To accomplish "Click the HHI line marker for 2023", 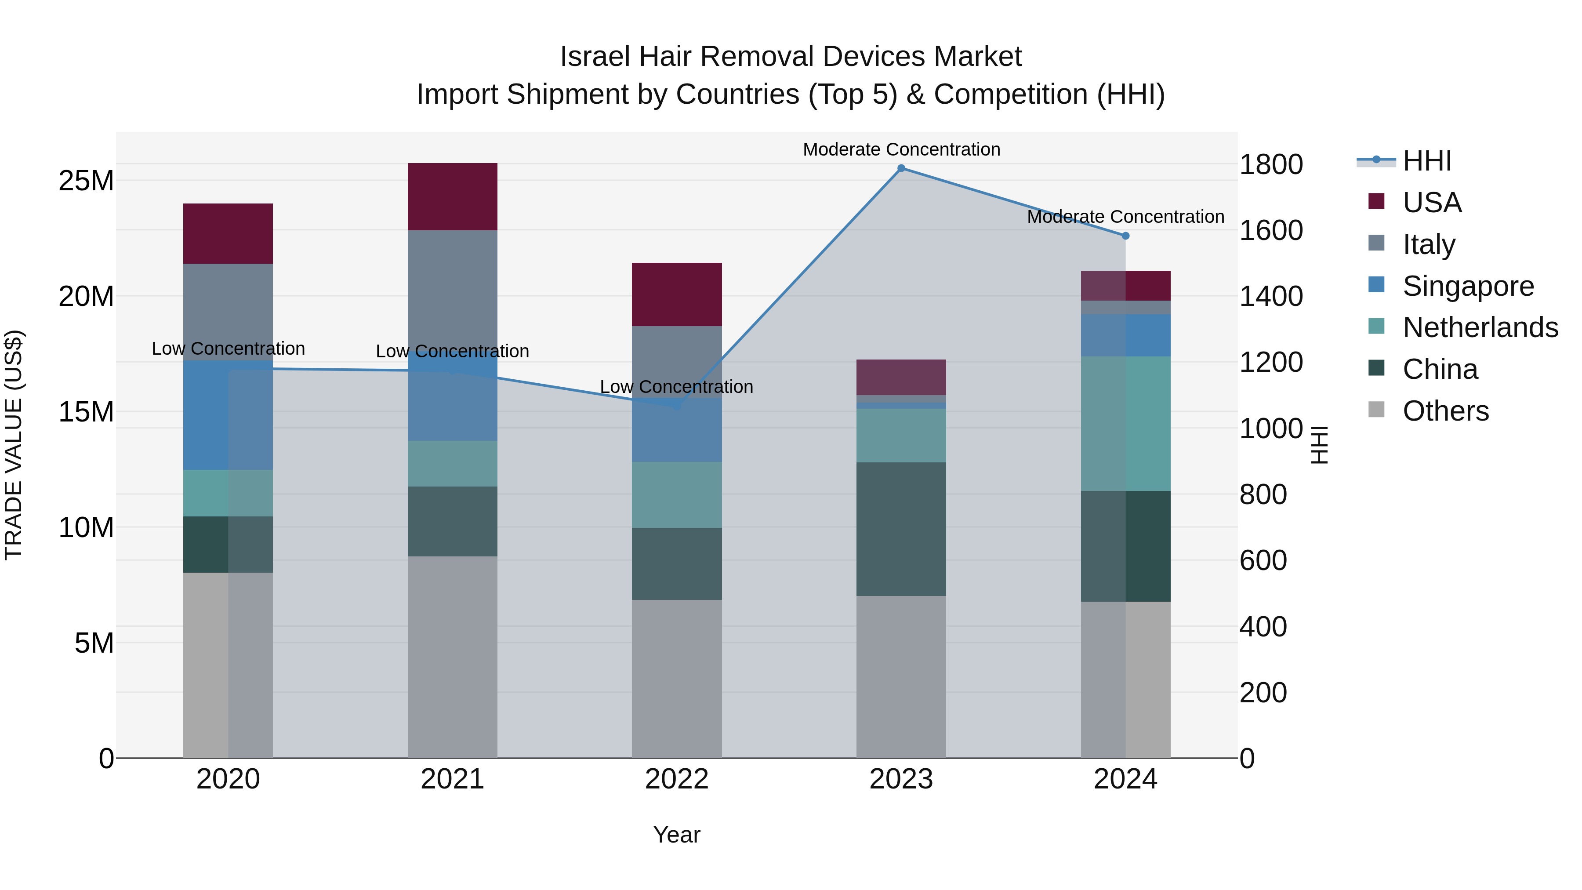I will pos(901,168).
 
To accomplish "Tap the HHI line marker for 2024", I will pos(1125,236).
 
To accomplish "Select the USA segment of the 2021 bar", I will pos(452,196).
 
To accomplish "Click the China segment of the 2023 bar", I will pos(901,529).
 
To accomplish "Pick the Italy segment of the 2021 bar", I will pos(452,289).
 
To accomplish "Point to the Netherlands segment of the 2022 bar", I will pos(676,495).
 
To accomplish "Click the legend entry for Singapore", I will pos(1468,286).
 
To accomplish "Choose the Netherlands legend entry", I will pos(1480,327).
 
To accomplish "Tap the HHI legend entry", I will pos(1426,161).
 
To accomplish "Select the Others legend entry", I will pos(1445,411).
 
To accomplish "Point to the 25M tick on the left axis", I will pos(86,181).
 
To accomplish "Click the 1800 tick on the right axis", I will pos(1270,165).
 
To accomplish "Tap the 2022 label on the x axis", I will pos(676,779).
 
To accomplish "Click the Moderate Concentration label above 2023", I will pos(901,149).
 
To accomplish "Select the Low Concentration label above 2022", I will pos(676,387).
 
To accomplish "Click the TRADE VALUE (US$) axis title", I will pos(14,445).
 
